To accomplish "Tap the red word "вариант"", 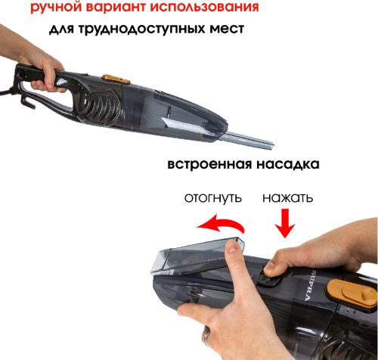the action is [x=116, y=6].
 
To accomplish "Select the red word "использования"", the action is [x=204, y=6].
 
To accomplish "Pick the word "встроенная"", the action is [x=209, y=164].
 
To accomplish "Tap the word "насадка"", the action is [x=288, y=164].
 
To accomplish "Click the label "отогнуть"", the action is [x=213, y=198].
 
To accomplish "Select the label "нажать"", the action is [x=288, y=198].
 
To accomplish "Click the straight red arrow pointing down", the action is [x=285, y=223].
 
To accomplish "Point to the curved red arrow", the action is [x=222, y=223].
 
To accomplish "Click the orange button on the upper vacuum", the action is [x=116, y=79].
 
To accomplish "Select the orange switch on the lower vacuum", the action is [x=352, y=293].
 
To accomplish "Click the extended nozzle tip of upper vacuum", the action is [x=271, y=146].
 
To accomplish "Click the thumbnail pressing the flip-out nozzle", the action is [x=232, y=246].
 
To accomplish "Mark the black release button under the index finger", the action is [x=268, y=279].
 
